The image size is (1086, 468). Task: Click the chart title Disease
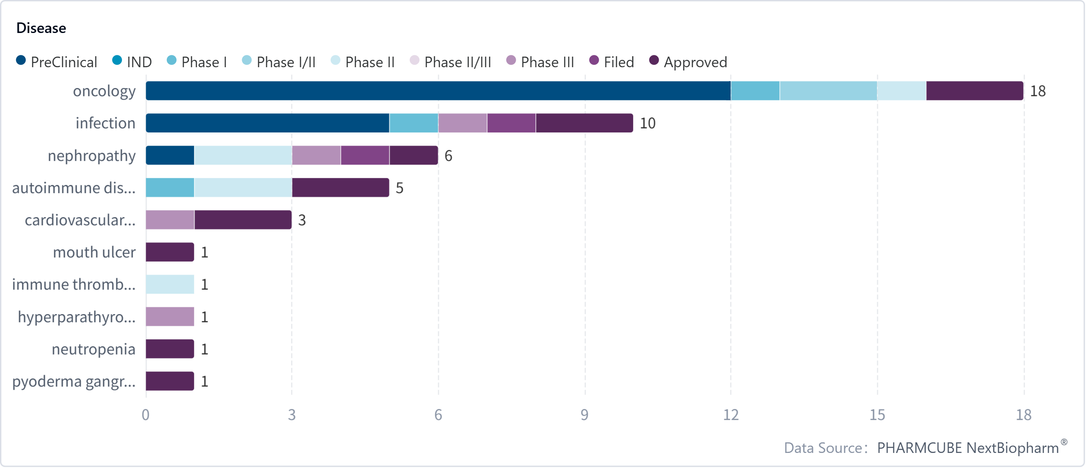tap(41, 28)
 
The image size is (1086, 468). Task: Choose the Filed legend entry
tap(612, 62)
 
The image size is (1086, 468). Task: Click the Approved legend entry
tap(689, 62)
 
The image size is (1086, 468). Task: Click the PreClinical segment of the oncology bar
tap(437, 91)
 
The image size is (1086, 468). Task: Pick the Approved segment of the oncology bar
tap(974, 91)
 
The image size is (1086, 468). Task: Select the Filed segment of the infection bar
tap(511, 123)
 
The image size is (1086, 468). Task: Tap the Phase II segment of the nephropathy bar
tap(243, 156)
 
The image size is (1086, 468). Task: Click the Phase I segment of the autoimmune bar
tap(170, 187)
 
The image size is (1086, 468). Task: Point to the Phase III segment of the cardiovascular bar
tap(170, 220)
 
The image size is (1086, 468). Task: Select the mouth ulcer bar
tap(170, 252)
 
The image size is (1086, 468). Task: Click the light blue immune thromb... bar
tap(170, 284)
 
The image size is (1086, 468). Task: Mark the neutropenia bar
tap(170, 349)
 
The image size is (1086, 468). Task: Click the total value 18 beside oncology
tap(1037, 91)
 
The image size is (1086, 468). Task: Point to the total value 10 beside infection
tap(647, 123)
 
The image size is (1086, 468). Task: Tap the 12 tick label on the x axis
tap(731, 415)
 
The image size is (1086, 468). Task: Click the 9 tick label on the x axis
tap(584, 415)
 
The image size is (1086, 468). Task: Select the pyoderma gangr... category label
tap(74, 381)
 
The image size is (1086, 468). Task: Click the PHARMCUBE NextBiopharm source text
tap(968, 447)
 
